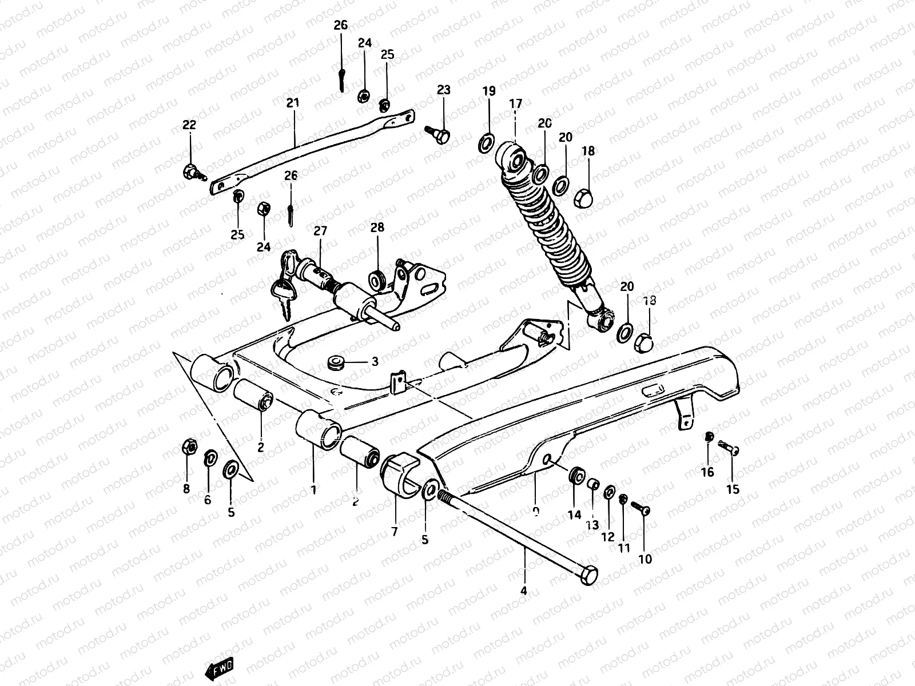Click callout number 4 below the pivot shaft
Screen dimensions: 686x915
[x=523, y=592]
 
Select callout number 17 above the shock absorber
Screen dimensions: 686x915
[x=515, y=104]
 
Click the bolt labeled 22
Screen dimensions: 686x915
[x=191, y=171]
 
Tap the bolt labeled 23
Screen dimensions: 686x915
[x=440, y=135]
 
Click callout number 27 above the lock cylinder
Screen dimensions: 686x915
[x=320, y=231]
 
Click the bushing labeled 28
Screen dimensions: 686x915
[x=377, y=279]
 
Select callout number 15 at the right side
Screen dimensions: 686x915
[x=733, y=489]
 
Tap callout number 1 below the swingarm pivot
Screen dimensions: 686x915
[x=313, y=489]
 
